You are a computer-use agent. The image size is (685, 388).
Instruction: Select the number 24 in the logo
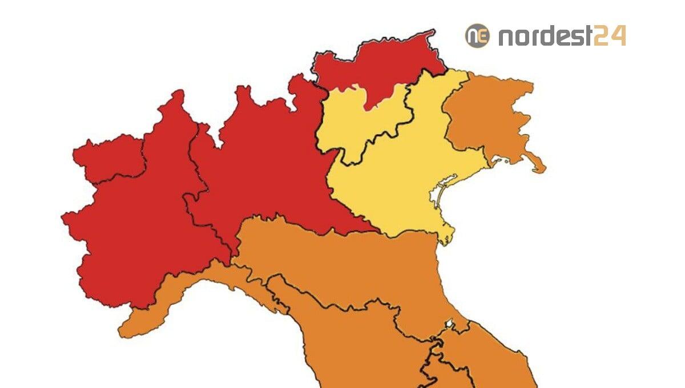[x=609, y=37]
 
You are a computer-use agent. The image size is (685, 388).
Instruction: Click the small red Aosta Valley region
[x=108, y=157]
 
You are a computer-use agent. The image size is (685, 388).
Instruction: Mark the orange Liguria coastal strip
[x=171, y=297]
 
